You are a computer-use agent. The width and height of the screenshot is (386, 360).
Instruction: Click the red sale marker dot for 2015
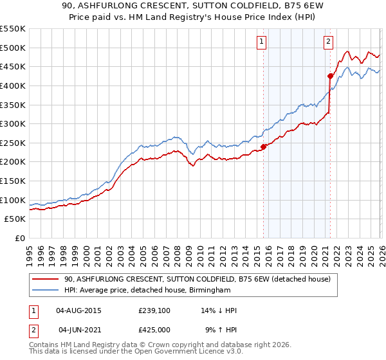click(x=263, y=147)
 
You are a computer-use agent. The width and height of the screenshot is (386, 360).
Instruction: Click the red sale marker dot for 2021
click(x=330, y=76)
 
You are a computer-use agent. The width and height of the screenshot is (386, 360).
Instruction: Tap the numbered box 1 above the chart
click(x=262, y=42)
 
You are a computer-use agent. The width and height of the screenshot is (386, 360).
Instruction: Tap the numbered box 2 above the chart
click(x=328, y=42)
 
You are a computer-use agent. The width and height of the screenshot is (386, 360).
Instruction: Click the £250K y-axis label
click(x=13, y=143)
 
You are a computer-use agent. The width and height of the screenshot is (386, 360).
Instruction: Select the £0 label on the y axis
click(x=19, y=238)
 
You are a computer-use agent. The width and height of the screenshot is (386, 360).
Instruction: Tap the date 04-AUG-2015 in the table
click(x=78, y=310)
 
